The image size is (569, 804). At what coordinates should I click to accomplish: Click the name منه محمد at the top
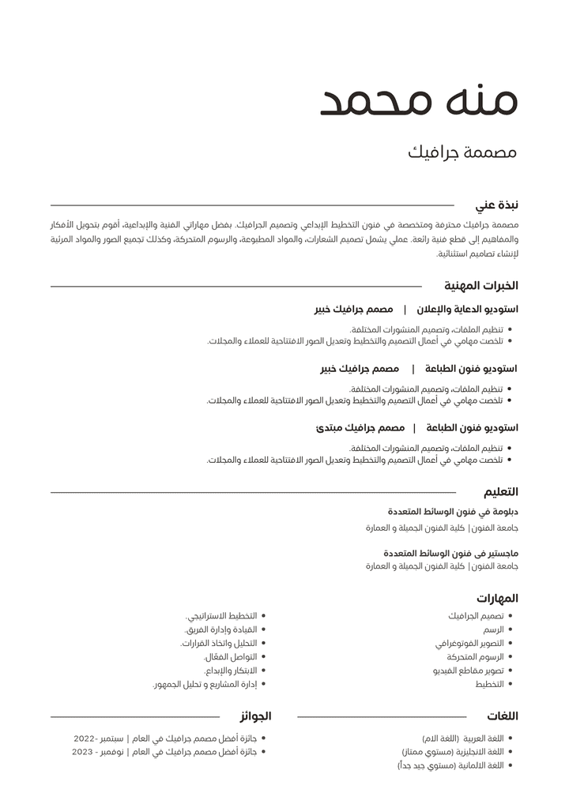419,100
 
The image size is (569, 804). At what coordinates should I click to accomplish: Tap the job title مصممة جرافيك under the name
462,152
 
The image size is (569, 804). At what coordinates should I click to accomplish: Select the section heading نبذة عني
497,205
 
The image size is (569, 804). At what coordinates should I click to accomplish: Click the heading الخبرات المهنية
481,286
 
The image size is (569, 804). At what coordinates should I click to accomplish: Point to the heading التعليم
501,492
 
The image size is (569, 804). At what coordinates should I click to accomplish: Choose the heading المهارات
497,598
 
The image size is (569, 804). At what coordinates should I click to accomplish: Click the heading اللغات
503,716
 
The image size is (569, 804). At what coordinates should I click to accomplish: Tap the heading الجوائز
255,716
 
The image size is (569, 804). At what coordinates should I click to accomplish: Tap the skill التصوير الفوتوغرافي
469,644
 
